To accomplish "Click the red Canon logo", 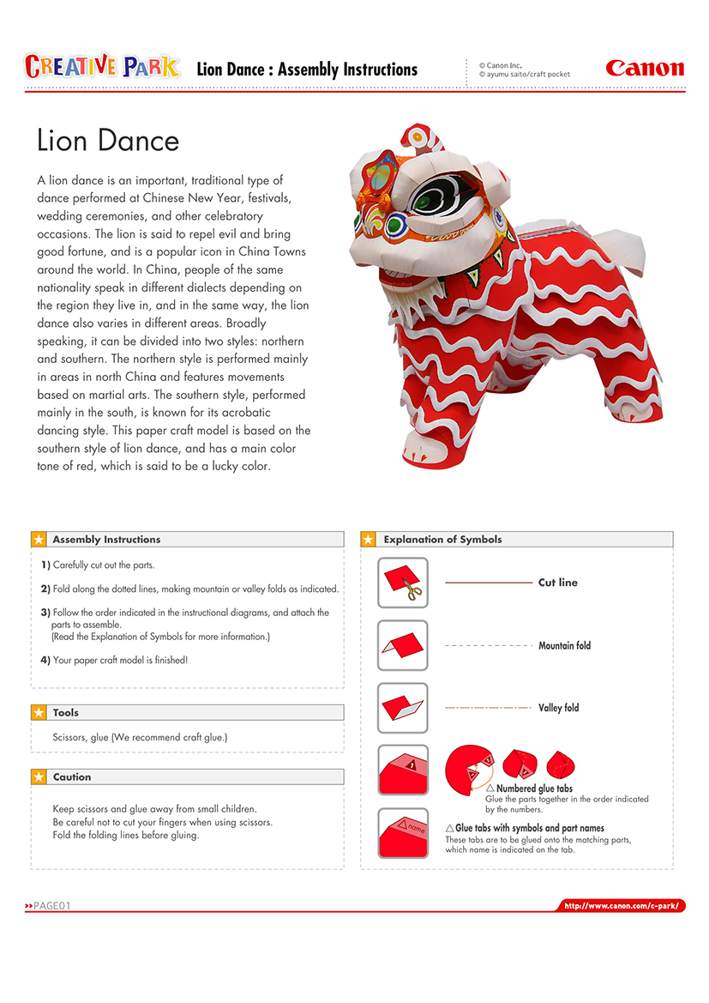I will coord(645,69).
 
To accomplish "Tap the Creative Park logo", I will coord(102,67).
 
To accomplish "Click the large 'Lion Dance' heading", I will coord(108,141).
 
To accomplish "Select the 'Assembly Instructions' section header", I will coord(106,540).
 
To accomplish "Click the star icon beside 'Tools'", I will coord(39,713).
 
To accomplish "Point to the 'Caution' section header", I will coord(72,777).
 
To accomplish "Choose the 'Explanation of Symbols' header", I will coord(442,540).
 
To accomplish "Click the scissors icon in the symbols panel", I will coord(412,590).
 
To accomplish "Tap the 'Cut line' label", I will coord(557,583).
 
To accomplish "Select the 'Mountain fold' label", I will coord(564,645).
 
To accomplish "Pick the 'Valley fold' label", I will coord(558,708).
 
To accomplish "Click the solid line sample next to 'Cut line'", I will coord(489,583).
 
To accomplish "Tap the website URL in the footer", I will coord(622,906).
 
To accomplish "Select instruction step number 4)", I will coord(46,660).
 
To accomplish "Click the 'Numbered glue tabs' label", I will coord(534,788).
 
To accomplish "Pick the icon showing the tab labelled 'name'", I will coord(403,833).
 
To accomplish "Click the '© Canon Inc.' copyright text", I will coord(501,65).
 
